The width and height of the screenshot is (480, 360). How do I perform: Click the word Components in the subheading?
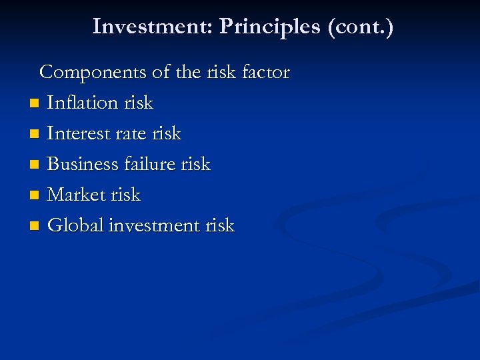click(94, 72)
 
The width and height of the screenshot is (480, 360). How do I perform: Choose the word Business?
click(84, 164)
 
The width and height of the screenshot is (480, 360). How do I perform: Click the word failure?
click(151, 164)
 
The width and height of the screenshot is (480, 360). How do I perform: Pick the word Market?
click(76, 195)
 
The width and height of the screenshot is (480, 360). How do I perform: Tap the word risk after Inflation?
click(139, 103)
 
